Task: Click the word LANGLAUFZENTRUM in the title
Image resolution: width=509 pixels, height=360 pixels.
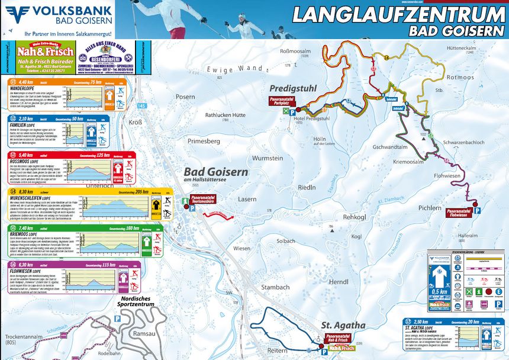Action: click(400, 14)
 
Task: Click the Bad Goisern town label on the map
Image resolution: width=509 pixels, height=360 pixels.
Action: click(211, 171)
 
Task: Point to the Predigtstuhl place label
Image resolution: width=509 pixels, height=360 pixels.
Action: click(293, 88)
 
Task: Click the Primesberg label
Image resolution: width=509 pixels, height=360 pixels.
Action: click(203, 142)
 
